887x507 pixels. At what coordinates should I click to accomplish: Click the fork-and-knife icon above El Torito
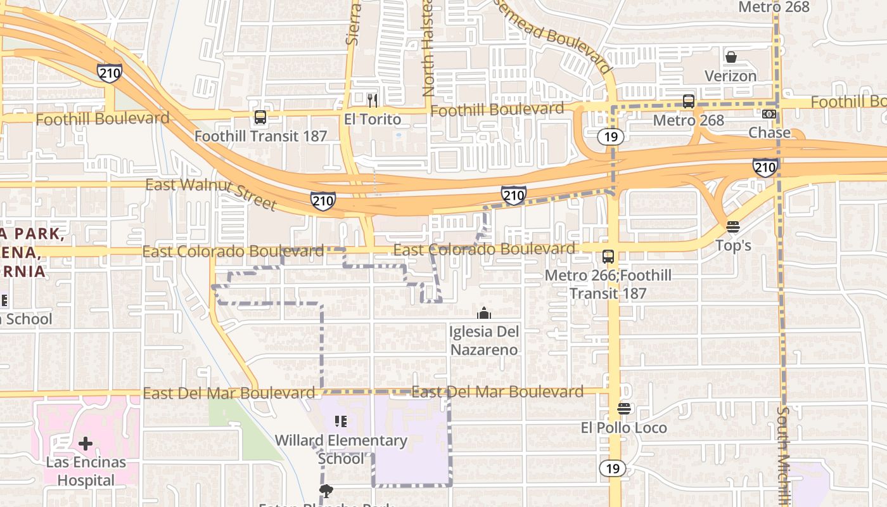click(373, 100)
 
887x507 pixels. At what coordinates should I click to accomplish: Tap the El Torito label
click(373, 119)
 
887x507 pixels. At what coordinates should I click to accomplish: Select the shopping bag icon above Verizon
click(731, 57)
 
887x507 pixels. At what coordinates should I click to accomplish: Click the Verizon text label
click(731, 76)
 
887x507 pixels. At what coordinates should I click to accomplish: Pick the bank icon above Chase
click(769, 114)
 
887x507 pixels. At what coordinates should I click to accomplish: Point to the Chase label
click(769, 132)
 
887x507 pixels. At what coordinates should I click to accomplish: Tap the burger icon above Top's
click(733, 227)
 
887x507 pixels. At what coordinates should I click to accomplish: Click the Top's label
click(733, 245)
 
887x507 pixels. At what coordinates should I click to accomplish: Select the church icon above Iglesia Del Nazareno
click(484, 313)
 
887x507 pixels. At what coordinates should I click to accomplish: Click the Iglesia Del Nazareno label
click(484, 340)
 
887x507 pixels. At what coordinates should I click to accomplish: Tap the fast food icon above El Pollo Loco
click(624, 409)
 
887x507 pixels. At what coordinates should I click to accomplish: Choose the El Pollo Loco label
click(624, 428)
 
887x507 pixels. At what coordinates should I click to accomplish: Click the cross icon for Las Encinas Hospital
click(86, 444)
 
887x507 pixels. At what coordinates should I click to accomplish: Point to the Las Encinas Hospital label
click(86, 472)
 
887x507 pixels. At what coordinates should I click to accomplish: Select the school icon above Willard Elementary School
click(341, 421)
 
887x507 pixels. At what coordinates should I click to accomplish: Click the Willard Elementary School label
click(341, 449)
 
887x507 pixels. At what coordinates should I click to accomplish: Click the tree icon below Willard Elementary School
click(326, 491)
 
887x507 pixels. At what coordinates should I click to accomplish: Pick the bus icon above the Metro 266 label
click(608, 257)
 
